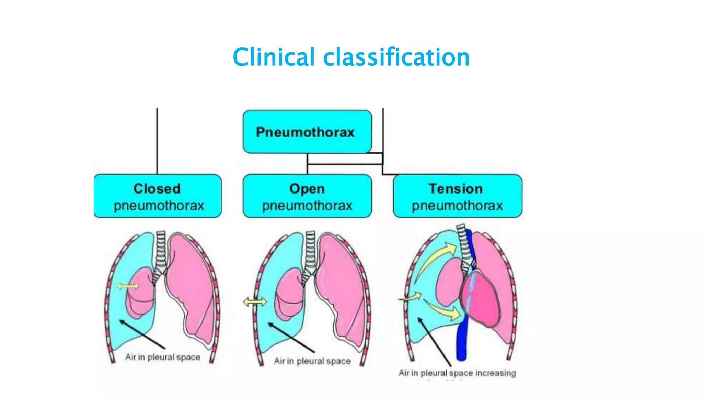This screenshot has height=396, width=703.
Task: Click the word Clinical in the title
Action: tap(273, 57)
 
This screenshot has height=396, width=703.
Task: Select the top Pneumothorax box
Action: tap(307, 132)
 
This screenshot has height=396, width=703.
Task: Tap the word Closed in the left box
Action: tap(157, 188)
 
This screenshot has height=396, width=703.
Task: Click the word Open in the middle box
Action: tap(307, 188)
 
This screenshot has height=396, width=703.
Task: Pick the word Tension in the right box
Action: tap(456, 188)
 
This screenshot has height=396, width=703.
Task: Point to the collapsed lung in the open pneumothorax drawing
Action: tap(289, 292)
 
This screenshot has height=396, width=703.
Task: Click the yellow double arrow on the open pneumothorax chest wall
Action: tap(255, 302)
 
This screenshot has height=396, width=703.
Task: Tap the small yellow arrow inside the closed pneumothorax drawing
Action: tap(128, 286)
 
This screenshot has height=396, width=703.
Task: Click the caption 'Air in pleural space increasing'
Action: tap(457, 373)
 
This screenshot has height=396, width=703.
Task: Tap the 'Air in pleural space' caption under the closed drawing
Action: tap(163, 357)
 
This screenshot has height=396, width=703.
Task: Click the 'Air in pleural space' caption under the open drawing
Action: tap(312, 361)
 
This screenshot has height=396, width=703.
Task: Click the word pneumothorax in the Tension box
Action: tap(457, 206)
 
